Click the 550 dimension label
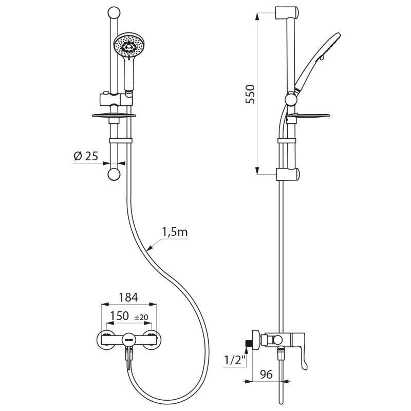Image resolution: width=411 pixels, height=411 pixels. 250,94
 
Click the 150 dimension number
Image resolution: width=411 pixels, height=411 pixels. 119,316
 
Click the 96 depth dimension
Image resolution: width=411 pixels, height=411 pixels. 266,375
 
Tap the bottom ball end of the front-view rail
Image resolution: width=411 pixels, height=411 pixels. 114,175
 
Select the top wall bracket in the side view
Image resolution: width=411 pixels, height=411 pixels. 286,12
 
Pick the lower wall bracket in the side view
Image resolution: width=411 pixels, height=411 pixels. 286,174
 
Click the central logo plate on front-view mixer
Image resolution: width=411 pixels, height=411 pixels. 128,339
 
